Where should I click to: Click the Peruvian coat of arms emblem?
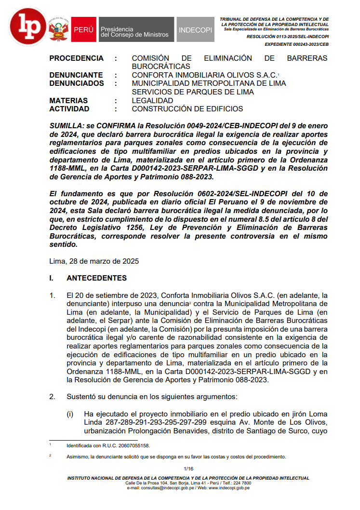coord(58,29)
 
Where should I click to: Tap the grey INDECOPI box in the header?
coord(195,30)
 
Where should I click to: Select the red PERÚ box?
coord(83,30)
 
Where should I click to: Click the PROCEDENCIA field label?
coord(76,58)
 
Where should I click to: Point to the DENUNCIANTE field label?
coord(76,75)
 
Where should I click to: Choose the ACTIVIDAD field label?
coord(70,109)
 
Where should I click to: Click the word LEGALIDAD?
coord(152,101)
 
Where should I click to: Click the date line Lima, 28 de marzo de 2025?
coord(94,261)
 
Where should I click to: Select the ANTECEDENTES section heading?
coord(96,278)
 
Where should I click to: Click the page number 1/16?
coord(188,469)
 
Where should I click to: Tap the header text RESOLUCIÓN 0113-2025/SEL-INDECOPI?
coord(288,37)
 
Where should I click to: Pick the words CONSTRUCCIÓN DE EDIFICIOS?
coord(187,109)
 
